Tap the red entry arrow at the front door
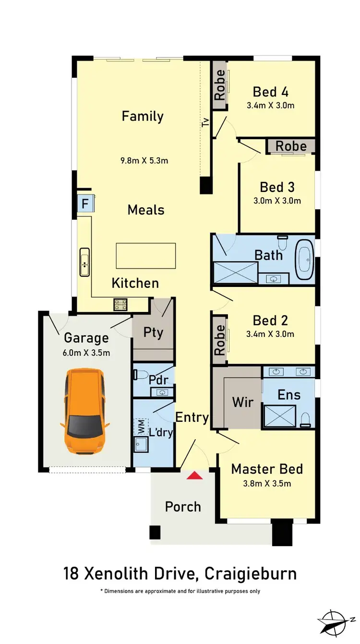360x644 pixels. click(194, 475)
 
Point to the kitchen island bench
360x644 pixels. click(145, 256)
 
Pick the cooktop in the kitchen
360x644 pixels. click(120, 304)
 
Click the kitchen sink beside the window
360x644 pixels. click(84, 262)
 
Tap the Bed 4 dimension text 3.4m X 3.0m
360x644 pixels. click(270, 106)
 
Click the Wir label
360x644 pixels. click(243, 402)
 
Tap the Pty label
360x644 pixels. click(153, 333)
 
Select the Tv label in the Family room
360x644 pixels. click(206, 122)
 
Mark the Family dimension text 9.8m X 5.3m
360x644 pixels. click(145, 160)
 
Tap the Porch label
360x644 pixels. click(183, 506)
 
